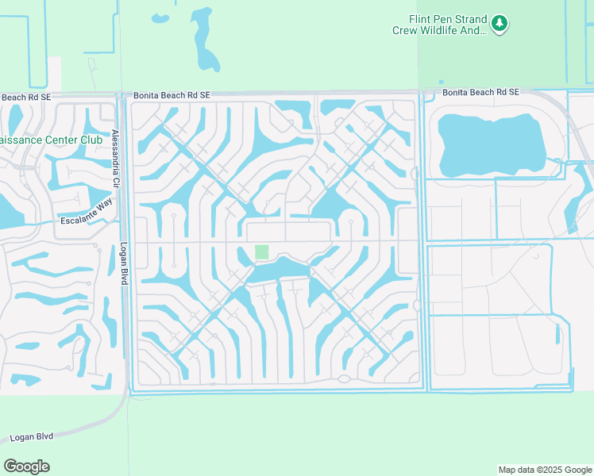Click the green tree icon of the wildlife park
pos(499,24)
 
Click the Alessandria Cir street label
pos(115,158)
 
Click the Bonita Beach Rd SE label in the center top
pos(172,94)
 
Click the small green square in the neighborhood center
pos(261,251)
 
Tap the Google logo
pos(26,466)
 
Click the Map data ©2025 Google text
pos(545,470)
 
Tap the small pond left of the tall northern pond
pos(160,17)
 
